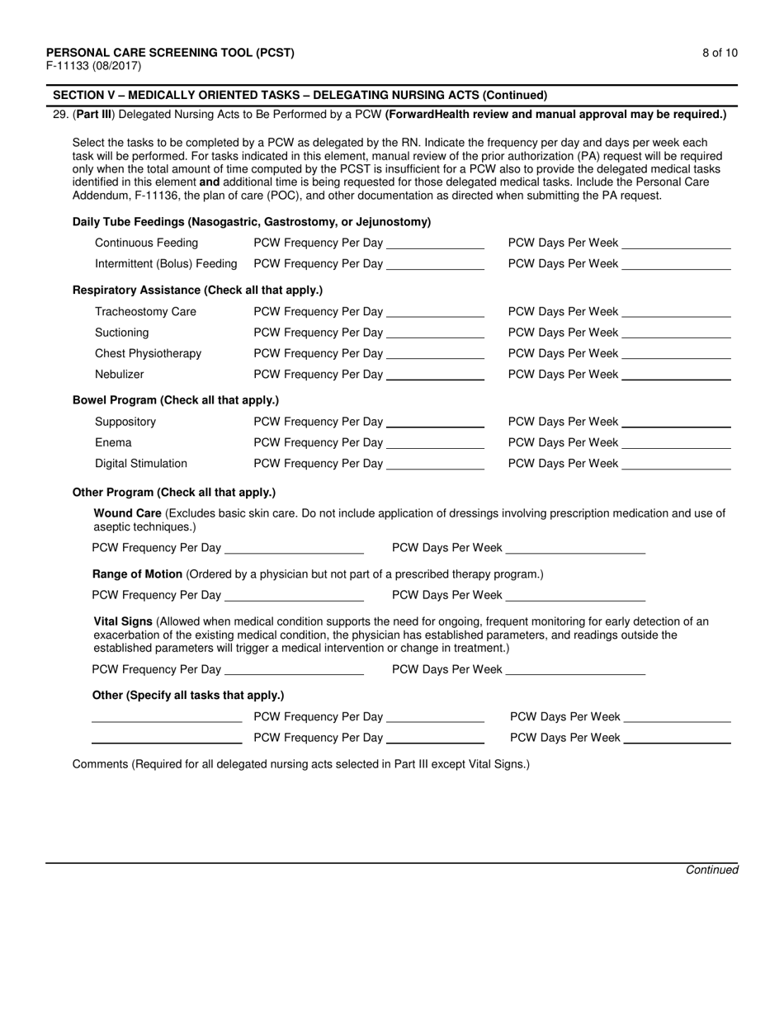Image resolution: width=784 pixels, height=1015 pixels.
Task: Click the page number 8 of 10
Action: pos(720,53)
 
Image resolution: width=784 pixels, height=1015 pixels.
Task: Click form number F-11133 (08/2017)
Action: pos(93,66)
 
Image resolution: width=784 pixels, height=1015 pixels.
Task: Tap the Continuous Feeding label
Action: pos(146,243)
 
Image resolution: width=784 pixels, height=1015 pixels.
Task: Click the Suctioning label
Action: pos(122,333)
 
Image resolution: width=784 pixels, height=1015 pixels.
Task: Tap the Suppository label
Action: pos(125,422)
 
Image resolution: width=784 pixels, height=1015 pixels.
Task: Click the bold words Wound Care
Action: pos(126,513)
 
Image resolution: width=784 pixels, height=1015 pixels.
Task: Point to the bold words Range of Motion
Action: pos(138,574)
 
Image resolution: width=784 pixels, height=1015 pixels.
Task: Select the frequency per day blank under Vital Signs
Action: pos(294,671)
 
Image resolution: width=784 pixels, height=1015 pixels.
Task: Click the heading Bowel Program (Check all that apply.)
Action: pos(176,400)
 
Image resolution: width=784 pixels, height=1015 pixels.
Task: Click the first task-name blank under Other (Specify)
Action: pos(167,718)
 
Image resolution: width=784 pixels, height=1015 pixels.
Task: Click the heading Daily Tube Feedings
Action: pos(252,222)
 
